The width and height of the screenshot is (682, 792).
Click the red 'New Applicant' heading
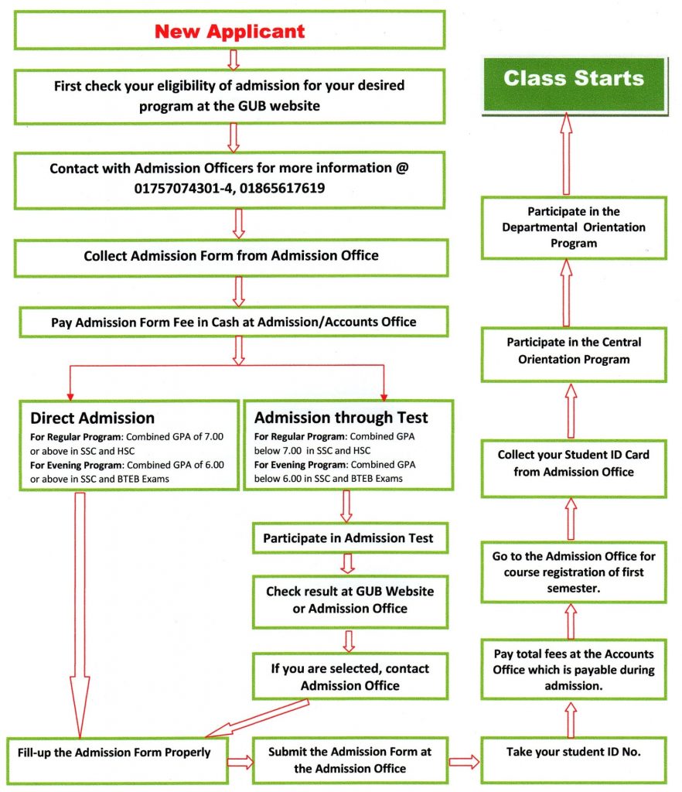click(x=230, y=32)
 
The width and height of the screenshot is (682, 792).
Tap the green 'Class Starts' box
click(x=573, y=79)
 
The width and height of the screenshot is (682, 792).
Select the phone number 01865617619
click(x=278, y=188)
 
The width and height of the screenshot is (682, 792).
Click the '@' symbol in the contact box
click(x=401, y=168)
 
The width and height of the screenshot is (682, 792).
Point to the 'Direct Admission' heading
click(x=92, y=418)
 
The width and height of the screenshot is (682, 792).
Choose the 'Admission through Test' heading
click(x=341, y=418)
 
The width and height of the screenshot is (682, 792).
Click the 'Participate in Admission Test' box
click(x=349, y=538)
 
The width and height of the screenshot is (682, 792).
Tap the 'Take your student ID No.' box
click(x=573, y=751)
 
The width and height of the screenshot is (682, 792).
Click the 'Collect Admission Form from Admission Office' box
click(x=230, y=256)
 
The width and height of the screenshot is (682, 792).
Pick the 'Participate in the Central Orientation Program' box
click(x=574, y=350)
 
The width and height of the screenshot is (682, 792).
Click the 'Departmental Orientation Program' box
click(x=573, y=227)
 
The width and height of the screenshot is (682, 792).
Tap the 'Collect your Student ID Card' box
click(x=573, y=463)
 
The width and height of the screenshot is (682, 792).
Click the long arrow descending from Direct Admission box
click(x=80, y=611)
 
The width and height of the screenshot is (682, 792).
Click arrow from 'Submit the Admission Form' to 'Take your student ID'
click(x=464, y=762)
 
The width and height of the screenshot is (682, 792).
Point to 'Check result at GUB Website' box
click(x=350, y=599)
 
